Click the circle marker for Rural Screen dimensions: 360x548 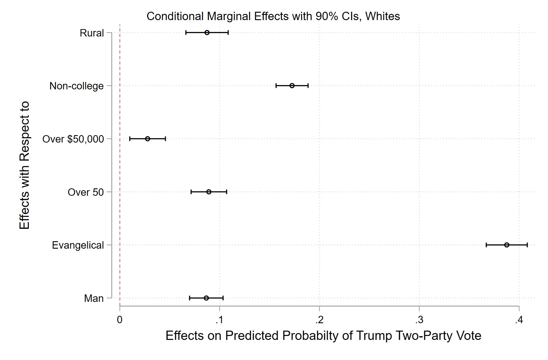click(x=207, y=32)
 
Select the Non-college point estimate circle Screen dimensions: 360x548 click(x=292, y=86)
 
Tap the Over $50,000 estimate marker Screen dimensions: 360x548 click(x=148, y=139)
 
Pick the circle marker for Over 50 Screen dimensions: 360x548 click(x=209, y=192)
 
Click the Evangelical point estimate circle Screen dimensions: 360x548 click(x=507, y=245)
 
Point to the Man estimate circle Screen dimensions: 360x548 click(x=206, y=298)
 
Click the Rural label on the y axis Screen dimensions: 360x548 click(x=92, y=33)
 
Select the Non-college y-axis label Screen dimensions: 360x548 click(x=76, y=86)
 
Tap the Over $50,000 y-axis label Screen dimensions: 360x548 click(x=73, y=139)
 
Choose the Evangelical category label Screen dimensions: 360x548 click(x=78, y=245)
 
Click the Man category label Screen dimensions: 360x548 click(x=94, y=298)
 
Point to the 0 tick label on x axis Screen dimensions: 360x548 click(x=120, y=320)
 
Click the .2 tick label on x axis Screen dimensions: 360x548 click(x=319, y=320)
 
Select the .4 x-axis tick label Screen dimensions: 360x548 click(x=519, y=320)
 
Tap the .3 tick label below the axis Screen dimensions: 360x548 click(x=419, y=320)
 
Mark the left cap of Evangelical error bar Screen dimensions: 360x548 click(x=486, y=245)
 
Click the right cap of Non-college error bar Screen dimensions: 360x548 click(x=308, y=86)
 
